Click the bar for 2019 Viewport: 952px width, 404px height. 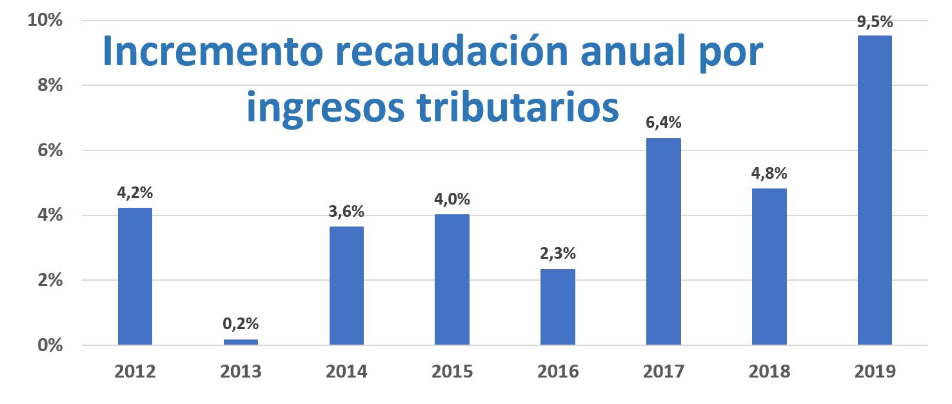tap(875, 190)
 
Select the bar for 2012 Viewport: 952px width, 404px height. tap(135, 276)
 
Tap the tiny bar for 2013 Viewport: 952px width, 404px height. tap(241, 342)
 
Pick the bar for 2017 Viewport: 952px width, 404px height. tap(663, 241)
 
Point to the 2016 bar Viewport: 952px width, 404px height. tap(557, 307)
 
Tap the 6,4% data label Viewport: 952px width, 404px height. tap(663, 123)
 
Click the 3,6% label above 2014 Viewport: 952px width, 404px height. tap(346, 211)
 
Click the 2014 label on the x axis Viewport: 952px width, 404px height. tap(346, 372)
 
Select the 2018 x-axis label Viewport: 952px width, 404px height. tap(769, 372)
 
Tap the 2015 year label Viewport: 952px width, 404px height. tap(452, 372)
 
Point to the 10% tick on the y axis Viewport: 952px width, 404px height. tap(45, 21)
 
